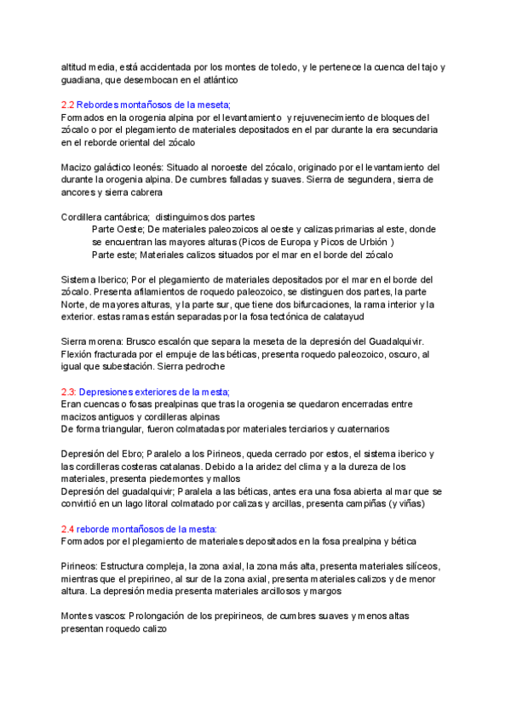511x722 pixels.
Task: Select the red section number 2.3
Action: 70,392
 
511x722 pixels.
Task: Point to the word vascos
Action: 118,616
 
